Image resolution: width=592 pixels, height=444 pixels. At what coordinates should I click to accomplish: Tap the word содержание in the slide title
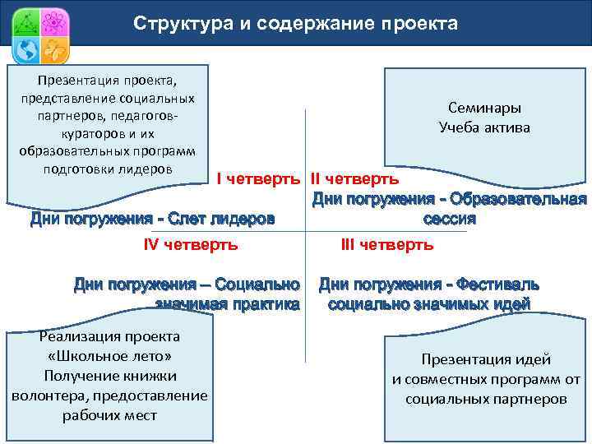pos(304,24)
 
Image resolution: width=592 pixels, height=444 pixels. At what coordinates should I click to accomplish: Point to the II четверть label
pos(354,178)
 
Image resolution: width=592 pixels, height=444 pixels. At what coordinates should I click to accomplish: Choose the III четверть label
pos(386,244)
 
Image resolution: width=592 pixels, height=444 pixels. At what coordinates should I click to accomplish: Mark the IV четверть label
pos(190,244)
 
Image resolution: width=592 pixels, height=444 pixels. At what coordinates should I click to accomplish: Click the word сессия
pos(449,220)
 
